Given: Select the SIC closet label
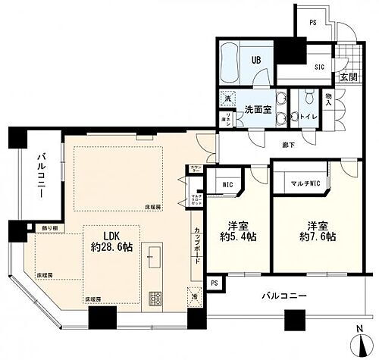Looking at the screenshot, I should [x=319, y=66].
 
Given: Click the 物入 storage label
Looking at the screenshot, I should [x=329, y=100].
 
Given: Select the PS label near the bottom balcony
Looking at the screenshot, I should [x=215, y=283].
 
